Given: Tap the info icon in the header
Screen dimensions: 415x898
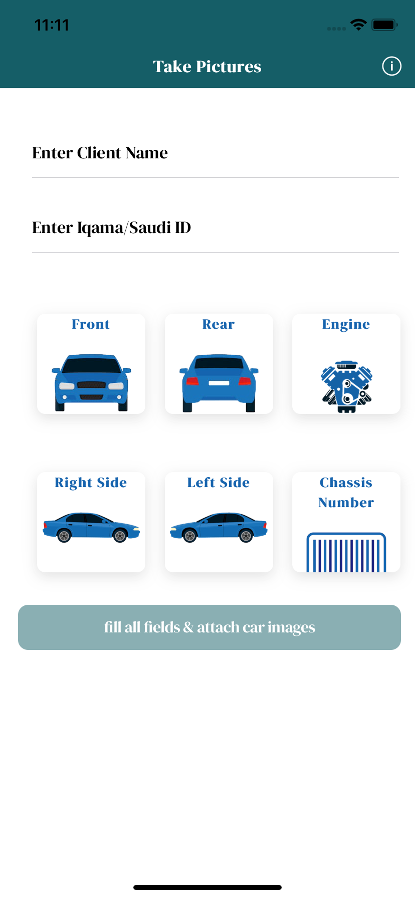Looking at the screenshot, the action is point(392,66).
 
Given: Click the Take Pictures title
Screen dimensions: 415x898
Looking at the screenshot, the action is point(207,66).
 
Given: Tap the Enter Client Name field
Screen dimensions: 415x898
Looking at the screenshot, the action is point(215,153).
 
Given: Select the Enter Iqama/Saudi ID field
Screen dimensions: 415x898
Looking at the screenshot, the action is point(215,227).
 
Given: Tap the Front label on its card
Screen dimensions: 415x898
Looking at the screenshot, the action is point(91,324).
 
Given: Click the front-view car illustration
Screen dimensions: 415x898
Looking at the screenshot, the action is point(91,383).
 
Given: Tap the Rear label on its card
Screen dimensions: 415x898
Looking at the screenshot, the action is point(219,324).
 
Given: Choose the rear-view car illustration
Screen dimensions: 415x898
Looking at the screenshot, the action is point(219,383).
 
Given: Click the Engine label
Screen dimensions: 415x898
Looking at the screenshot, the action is point(346,324).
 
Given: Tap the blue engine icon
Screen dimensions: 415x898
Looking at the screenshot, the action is point(347,387).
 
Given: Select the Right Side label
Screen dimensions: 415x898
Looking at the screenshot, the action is point(91,482).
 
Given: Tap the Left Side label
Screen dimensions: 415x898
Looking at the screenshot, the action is point(219,482).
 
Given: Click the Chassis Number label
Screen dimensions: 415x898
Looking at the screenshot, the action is point(346,492).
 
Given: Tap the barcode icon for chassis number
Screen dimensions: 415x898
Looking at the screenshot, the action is point(346,552).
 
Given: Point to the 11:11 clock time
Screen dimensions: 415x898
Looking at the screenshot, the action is point(51,25).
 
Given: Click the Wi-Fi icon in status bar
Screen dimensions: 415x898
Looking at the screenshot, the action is point(358,25).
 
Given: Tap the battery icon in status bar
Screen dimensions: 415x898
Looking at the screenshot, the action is point(385,25).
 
